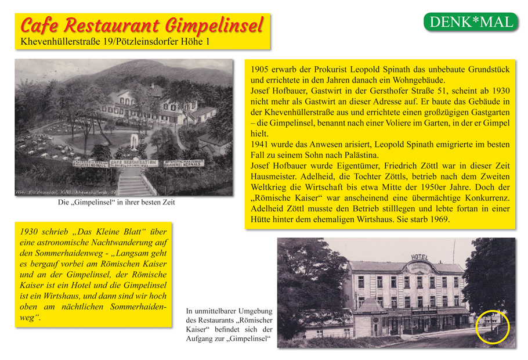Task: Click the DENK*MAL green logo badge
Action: click(x=471, y=23)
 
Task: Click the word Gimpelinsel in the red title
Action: click(x=214, y=26)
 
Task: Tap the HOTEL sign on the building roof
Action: click(x=419, y=257)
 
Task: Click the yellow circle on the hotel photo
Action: click(x=492, y=326)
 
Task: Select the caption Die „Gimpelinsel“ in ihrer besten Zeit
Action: click(x=116, y=203)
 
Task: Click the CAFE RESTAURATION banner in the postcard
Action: click(x=133, y=163)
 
